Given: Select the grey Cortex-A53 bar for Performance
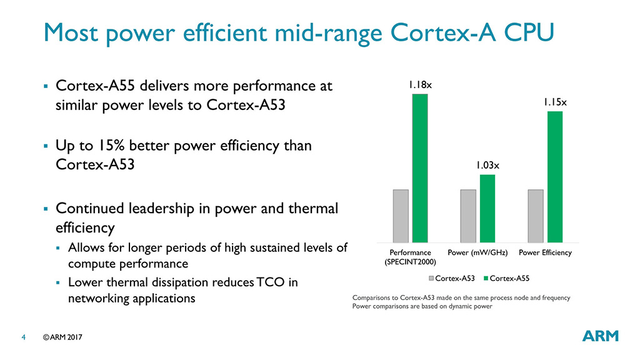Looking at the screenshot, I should coord(401,216).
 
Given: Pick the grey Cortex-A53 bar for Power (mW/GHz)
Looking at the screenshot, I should coord(468,216).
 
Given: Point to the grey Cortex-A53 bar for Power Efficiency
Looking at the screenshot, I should coord(536,216).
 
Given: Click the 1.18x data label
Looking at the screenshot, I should coord(419,84).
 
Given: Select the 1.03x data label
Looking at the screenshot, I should coord(487,166).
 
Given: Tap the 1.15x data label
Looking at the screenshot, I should coord(555,101).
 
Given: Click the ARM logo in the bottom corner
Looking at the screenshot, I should coord(600,336).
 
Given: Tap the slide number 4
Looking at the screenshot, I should coord(23,337).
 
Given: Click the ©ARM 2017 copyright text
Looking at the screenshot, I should coord(62,337).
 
